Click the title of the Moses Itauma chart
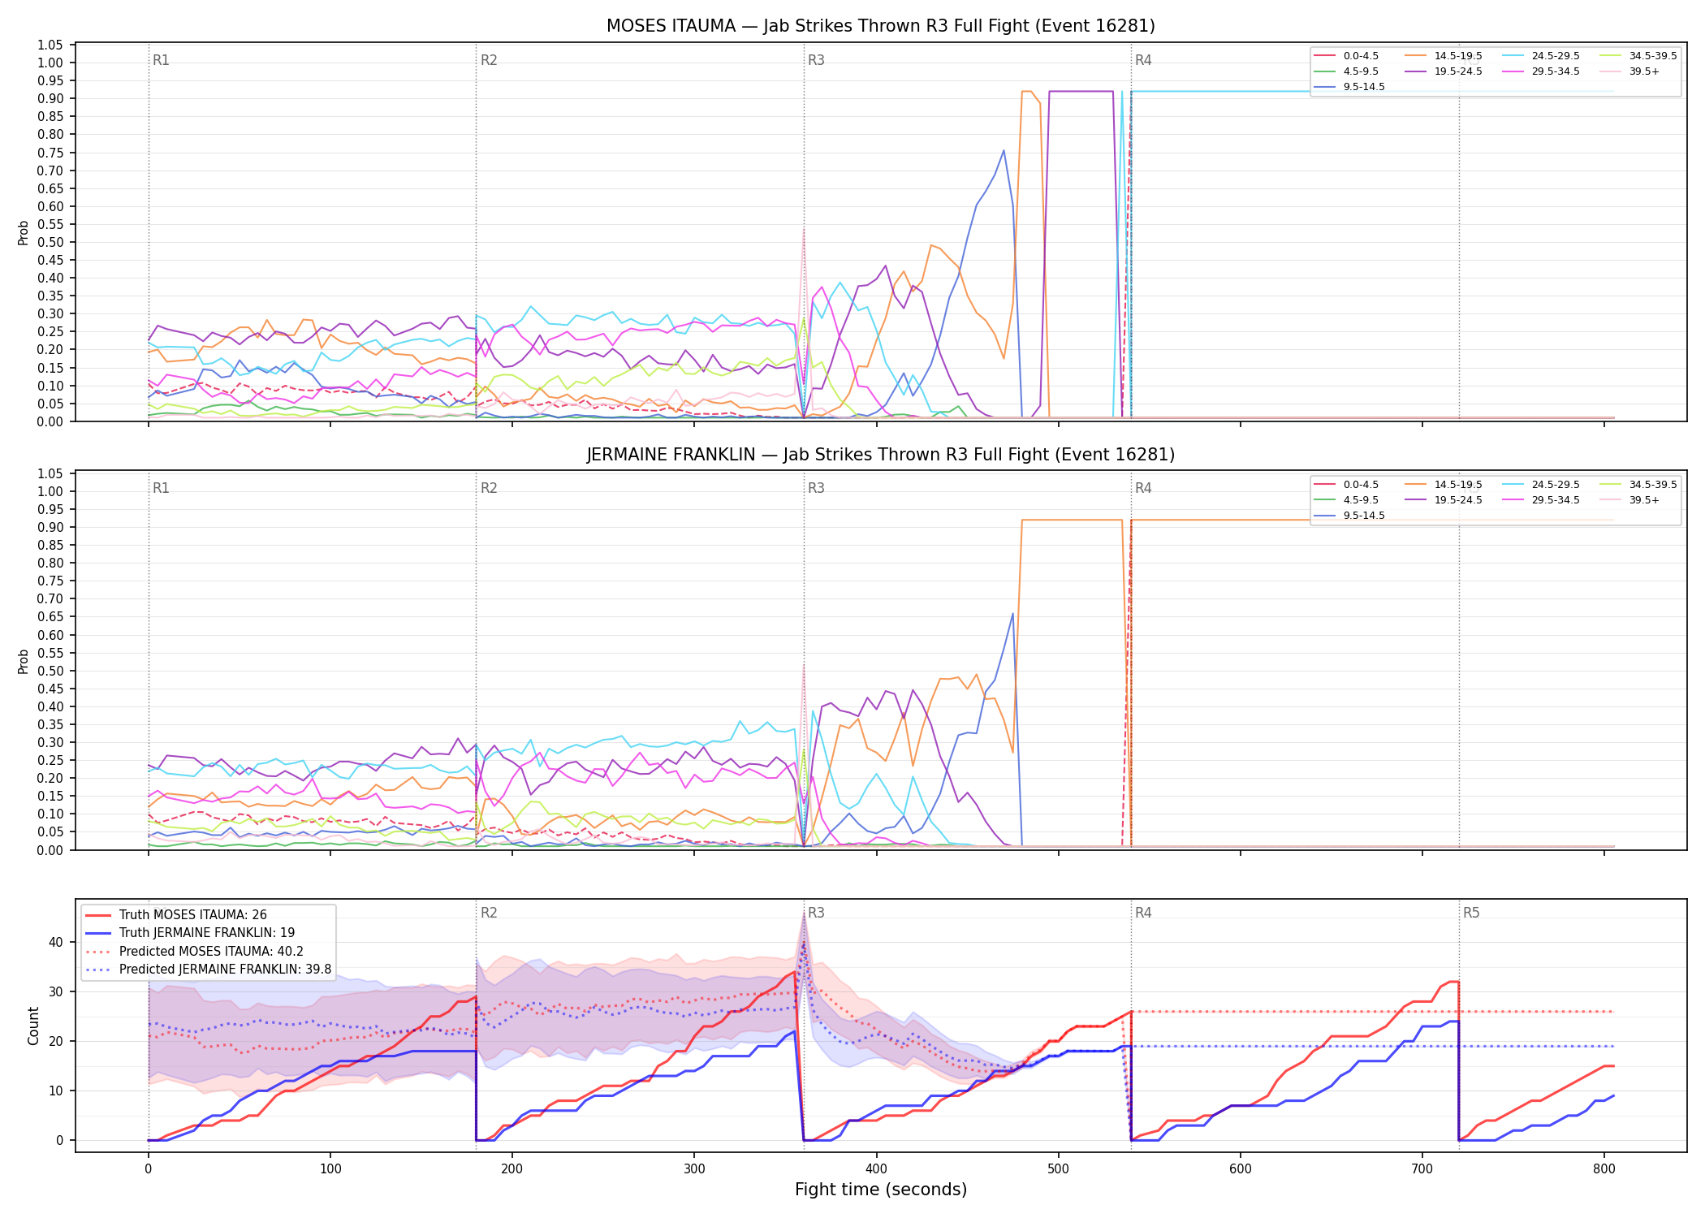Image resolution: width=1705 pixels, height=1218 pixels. (881, 26)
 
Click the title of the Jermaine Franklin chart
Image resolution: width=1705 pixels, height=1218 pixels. (881, 455)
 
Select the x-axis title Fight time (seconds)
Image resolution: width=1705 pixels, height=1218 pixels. (881, 1190)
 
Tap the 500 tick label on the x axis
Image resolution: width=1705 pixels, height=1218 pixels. (1059, 1168)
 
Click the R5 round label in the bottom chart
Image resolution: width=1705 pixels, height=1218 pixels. (1471, 913)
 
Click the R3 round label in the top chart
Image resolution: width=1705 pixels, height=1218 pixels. (816, 60)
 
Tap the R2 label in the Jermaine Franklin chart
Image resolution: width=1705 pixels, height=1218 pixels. (489, 488)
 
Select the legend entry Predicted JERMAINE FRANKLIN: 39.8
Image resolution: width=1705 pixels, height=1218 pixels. (209, 969)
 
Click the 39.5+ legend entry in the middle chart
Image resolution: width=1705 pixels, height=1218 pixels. (1630, 500)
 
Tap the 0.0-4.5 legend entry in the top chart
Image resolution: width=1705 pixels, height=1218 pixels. (1346, 56)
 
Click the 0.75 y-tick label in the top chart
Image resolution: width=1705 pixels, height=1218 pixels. (50, 153)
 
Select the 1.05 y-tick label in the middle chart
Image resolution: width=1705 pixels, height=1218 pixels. (50, 474)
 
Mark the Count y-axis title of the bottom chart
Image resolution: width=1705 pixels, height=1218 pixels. (33, 1026)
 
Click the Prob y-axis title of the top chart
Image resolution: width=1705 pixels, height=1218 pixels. (24, 233)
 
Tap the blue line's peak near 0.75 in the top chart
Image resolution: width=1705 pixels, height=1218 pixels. (1004, 150)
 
